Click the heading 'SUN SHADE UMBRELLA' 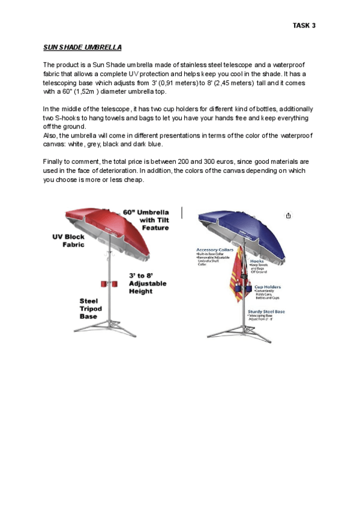(x=82, y=47)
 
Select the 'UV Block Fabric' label (x=68, y=241)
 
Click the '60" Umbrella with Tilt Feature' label (x=146, y=220)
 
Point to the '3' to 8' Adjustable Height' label (x=147, y=283)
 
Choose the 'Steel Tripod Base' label (x=91, y=309)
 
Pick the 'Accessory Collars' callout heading (x=214, y=249)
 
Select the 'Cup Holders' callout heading (x=267, y=287)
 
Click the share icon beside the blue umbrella (x=289, y=215)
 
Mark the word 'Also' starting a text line (x=50, y=136)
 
